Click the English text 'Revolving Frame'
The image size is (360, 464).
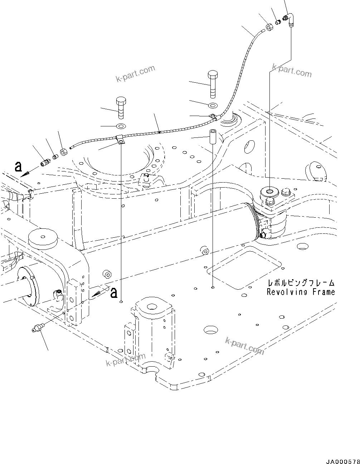(301, 292)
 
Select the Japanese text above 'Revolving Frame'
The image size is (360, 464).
(301, 282)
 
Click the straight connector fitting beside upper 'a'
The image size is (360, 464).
(45, 162)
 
